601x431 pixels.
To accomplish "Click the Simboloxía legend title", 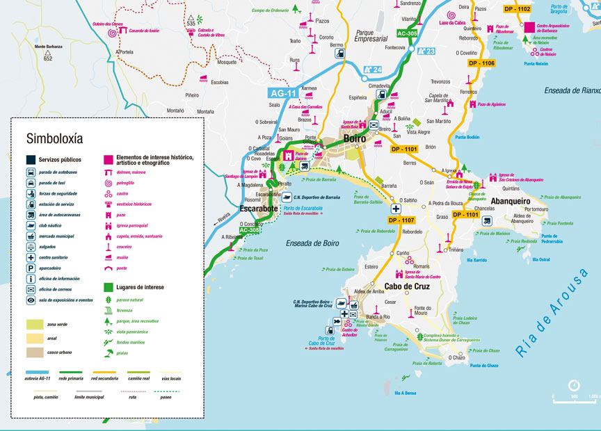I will click(54, 138).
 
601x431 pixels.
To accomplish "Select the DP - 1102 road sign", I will click(516, 9).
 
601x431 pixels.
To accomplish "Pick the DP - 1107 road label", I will click(399, 220).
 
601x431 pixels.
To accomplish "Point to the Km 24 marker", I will click(373, 70).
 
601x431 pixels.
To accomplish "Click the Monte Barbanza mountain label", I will click(48, 47).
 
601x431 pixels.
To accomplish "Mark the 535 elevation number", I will click(191, 24).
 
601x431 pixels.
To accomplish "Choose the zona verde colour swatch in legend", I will click(35, 324).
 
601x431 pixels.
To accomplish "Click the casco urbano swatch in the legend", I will click(35, 352).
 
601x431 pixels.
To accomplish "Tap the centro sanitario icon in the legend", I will click(31, 256).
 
